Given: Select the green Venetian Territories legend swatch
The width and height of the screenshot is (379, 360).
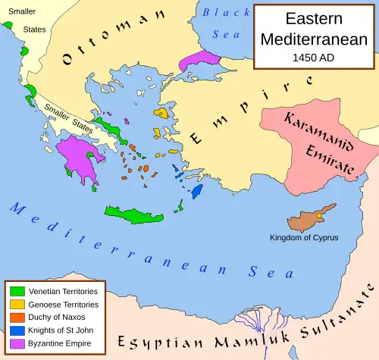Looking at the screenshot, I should point(16,290).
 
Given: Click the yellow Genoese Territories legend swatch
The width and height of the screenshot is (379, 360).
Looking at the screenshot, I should point(16,304).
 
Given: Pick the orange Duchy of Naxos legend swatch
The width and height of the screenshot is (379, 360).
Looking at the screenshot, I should point(16,317).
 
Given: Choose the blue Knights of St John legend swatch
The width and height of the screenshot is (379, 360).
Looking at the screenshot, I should point(16,330).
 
